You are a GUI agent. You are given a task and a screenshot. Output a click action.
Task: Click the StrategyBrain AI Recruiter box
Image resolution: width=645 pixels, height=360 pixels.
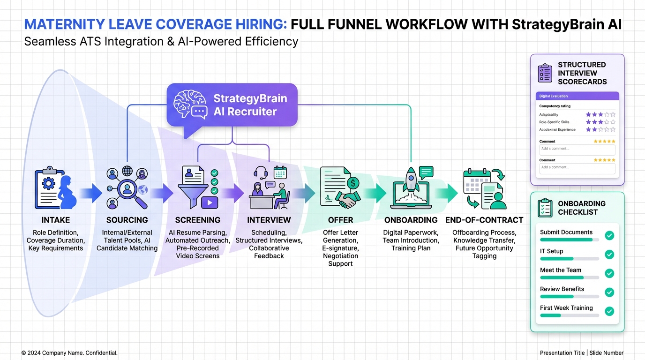(x=232, y=105)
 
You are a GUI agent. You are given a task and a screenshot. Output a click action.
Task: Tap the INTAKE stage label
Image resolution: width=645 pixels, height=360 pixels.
(x=56, y=220)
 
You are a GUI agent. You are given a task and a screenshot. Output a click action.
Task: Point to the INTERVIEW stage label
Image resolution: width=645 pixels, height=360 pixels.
(x=269, y=220)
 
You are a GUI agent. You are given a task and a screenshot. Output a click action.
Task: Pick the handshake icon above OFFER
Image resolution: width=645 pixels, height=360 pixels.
(x=347, y=201)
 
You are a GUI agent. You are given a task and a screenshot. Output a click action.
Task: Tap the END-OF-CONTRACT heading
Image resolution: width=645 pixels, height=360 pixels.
(x=484, y=220)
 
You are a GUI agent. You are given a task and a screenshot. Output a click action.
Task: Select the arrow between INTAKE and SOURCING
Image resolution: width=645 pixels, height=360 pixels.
(x=90, y=193)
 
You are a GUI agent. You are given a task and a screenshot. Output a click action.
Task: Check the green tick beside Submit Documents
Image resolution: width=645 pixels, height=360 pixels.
(x=609, y=235)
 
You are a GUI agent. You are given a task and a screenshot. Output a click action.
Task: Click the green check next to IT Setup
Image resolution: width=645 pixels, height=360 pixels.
(x=609, y=255)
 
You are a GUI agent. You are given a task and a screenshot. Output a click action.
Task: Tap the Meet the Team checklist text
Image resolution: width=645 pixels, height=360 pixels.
(x=561, y=270)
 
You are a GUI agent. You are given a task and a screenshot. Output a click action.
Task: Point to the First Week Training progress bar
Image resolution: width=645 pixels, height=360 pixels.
(x=570, y=315)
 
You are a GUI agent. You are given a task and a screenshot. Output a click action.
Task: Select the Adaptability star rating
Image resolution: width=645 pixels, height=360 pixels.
(x=600, y=114)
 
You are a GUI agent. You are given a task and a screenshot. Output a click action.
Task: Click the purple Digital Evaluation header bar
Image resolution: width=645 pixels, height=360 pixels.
(x=577, y=96)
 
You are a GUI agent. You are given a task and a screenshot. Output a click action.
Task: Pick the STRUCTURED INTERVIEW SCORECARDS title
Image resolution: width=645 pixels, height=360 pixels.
(x=582, y=73)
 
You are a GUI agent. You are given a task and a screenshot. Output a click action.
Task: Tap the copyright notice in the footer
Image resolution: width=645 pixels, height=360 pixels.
(x=69, y=352)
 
